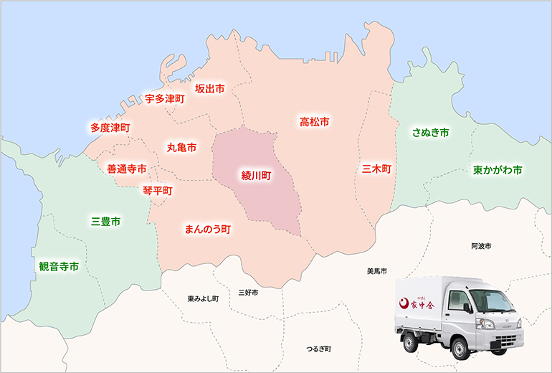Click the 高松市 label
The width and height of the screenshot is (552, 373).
click(x=314, y=123)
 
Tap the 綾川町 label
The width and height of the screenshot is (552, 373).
click(x=255, y=175)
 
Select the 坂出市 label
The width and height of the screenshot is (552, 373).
click(x=209, y=89)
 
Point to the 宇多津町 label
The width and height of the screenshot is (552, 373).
click(x=164, y=98)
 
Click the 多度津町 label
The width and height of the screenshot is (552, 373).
click(x=110, y=128)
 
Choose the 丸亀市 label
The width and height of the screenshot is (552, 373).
click(x=181, y=147)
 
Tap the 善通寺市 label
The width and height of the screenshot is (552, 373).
click(x=127, y=169)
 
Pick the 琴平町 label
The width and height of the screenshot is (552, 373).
click(x=158, y=191)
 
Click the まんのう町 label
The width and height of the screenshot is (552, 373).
click(x=207, y=230)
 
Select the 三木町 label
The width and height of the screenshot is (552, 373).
click(x=376, y=169)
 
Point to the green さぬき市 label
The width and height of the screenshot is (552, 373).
click(x=430, y=133)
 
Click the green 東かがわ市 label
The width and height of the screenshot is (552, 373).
click(x=497, y=171)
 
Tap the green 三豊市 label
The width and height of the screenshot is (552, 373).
click(x=105, y=221)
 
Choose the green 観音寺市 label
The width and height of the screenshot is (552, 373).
click(x=59, y=267)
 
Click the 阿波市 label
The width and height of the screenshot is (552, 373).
click(x=481, y=246)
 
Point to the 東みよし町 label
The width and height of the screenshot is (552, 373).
click(x=203, y=298)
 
